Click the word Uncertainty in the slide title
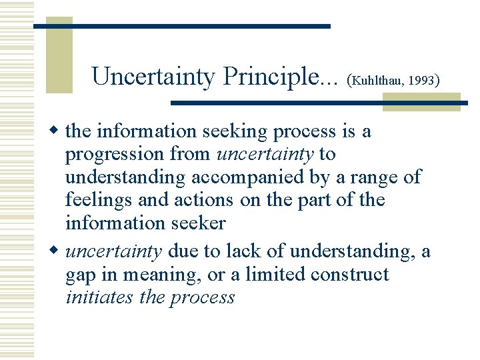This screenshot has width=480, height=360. coord(153,77)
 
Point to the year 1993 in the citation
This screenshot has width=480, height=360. coord(421,81)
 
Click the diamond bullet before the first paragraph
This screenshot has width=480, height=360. coord(56,131)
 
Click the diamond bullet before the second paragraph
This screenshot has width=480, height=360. coord(56,251)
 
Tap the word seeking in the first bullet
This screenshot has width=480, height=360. coord(237,132)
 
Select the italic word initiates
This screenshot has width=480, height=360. coord(99,297)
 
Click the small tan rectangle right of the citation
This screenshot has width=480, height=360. coord(421,101)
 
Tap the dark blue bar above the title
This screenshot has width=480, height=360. coord(181,26)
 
